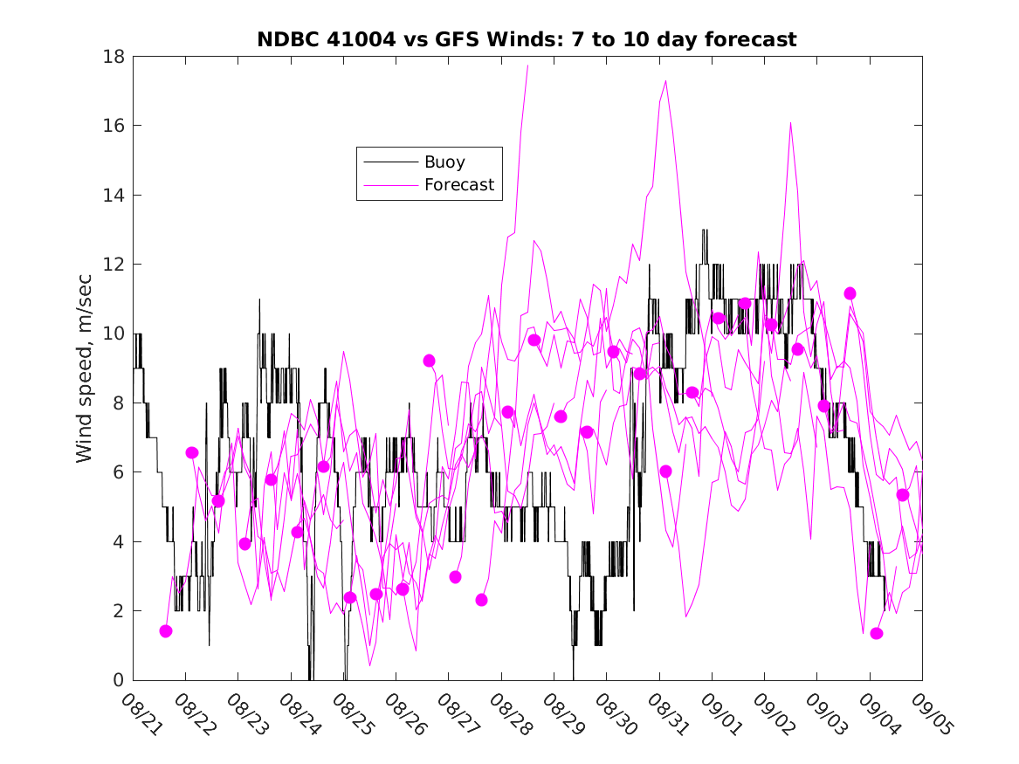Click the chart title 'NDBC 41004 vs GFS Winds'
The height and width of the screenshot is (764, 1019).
tap(526, 39)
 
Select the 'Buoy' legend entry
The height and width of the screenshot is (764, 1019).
tap(444, 162)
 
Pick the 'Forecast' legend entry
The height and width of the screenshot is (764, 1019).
tap(458, 185)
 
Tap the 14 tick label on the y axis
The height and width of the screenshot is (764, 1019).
tap(114, 195)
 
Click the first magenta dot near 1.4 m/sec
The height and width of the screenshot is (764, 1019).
tap(166, 631)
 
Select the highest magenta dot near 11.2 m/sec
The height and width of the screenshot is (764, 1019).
tap(850, 293)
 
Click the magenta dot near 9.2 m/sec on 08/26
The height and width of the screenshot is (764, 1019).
tap(429, 361)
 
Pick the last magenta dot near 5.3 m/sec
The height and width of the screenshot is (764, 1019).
tap(903, 495)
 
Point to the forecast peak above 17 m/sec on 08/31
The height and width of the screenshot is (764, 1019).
tap(666, 80)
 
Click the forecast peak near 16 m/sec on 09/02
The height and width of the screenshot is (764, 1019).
tap(790, 123)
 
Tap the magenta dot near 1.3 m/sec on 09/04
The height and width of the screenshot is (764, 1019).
tap(877, 634)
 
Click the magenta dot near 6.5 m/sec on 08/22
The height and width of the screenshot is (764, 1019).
tap(192, 452)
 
